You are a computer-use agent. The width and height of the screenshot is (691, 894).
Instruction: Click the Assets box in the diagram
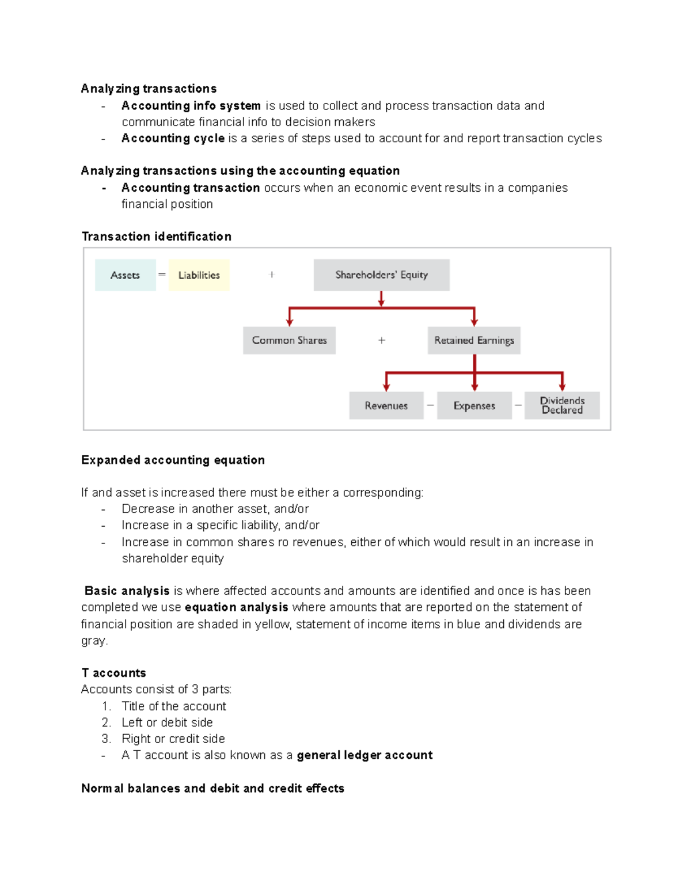125,275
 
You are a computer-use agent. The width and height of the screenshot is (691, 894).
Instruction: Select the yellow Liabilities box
199,275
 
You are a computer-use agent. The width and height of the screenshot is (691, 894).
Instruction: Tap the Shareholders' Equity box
381,275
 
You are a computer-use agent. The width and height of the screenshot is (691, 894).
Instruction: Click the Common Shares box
289,340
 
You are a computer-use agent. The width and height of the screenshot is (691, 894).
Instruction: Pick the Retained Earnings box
474,340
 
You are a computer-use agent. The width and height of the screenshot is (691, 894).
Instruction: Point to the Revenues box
386,406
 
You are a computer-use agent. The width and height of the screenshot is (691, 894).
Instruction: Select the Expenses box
474,406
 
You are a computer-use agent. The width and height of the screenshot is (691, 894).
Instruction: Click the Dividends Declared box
562,405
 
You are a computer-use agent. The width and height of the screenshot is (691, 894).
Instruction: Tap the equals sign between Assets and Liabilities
162,275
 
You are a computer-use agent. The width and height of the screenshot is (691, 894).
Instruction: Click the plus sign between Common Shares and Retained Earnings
381,340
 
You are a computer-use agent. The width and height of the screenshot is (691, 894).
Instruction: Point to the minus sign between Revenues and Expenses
430,405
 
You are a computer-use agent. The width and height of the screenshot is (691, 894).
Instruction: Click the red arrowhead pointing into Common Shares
290,322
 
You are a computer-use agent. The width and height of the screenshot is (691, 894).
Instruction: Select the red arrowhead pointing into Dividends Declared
562,387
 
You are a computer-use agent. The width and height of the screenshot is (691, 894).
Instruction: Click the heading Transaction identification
156,237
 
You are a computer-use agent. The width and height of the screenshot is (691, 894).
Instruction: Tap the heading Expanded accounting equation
173,460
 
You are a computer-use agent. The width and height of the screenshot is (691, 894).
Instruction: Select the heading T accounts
113,673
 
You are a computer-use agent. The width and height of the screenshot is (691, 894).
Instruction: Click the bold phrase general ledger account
365,755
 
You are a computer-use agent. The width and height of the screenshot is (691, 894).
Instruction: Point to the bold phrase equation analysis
236,607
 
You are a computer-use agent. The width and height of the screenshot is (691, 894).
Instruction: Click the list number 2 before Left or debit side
106,722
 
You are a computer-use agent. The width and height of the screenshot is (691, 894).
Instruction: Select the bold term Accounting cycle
173,138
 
